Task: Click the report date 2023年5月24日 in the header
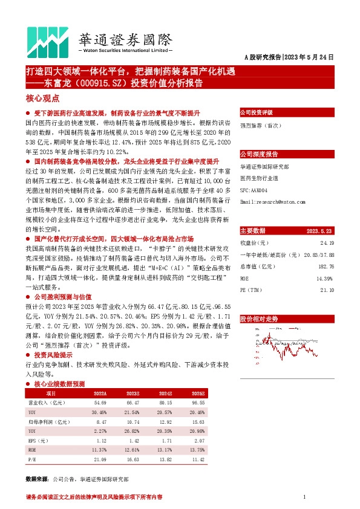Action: coord(309,57)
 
